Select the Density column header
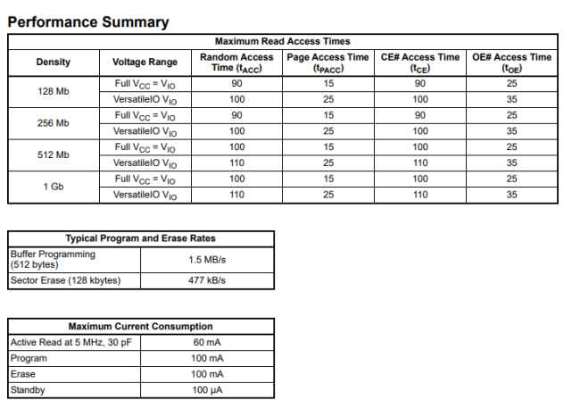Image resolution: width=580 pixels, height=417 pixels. (x=54, y=62)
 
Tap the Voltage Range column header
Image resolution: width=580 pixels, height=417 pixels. (x=145, y=62)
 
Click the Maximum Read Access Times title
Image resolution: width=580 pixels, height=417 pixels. (x=283, y=41)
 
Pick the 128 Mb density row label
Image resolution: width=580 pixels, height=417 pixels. (x=54, y=92)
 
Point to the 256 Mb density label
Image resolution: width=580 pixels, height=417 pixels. (x=54, y=123)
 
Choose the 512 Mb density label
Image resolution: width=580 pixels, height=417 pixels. (x=54, y=154)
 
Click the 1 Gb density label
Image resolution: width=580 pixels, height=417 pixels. (x=54, y=187)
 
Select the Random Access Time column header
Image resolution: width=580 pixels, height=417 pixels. (x=236, y=62)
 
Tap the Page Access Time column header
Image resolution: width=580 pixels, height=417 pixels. (x=328, y=62)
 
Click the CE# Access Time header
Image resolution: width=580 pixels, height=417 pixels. (x=420, y=62)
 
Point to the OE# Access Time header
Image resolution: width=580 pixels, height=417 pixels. (x=512, y=62)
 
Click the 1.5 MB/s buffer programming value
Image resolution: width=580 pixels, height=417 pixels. (x=207, y=259)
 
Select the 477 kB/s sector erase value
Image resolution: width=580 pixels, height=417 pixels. (x=207, y=280)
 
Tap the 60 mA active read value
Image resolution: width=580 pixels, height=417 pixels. (x=207, y=342)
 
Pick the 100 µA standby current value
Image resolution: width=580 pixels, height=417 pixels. (x=207, y=390)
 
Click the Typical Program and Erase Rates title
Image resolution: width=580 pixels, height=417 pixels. (x=141, y=238)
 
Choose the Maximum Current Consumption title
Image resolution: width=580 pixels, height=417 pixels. (x=141, y=326)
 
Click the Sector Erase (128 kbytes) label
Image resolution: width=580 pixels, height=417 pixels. (x=64, y=280)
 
